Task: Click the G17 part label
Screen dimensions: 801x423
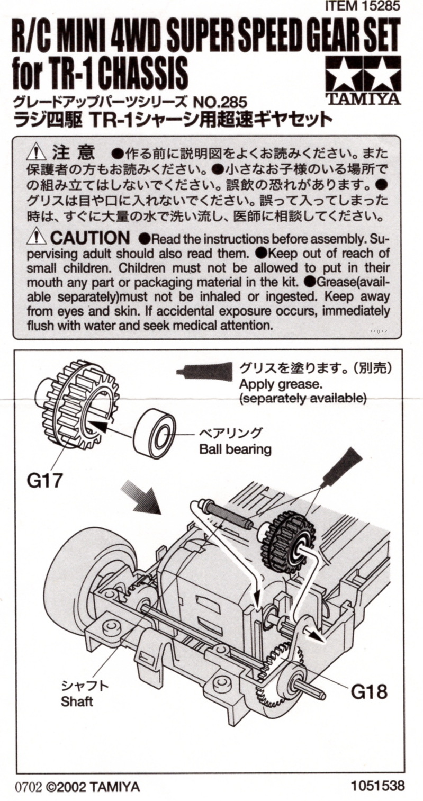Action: [x=45, y=481]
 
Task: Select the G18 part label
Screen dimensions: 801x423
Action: [x=369, y=690]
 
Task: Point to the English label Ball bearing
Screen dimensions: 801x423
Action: [x=235, y=450]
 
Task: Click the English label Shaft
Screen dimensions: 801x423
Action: [x=77, y=702]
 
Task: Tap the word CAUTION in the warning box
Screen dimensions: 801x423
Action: [x=90, y=238]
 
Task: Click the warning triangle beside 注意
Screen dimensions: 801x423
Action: [x=37, y=152]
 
